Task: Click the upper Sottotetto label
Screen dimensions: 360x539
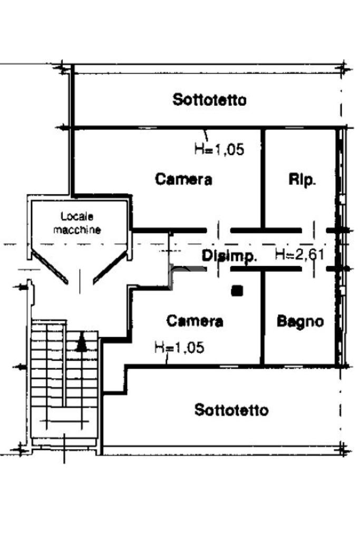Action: click(209, 100)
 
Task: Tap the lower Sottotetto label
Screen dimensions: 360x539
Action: click(231, 410)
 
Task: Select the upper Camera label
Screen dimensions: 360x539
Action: click(183, 179)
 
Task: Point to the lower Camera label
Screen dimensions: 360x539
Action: click(194, 321)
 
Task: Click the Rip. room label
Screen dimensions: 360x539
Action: click(302, 180)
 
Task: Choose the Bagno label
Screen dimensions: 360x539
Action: click(300, 321)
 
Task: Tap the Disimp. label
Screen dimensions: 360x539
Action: click(229, 256)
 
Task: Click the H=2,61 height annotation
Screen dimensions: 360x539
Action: click(300, 254)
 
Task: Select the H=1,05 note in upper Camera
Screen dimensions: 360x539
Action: click(219, 149)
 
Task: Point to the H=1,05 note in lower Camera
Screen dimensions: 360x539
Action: click(179, 347)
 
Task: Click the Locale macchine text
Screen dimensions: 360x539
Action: click(77, 223)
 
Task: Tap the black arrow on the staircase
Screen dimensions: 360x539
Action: click(82, 342)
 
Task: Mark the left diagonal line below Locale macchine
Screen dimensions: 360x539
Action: click(50, 267)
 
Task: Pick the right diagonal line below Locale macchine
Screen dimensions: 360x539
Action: click(110, 267)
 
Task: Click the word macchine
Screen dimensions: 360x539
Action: click(77, 230)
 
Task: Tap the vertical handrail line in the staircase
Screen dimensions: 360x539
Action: click(64, 365)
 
